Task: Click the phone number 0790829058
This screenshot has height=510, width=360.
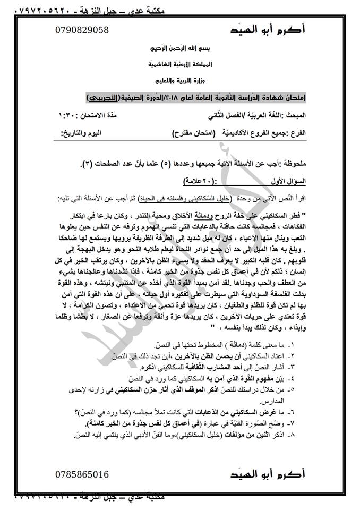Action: coord(81,30)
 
